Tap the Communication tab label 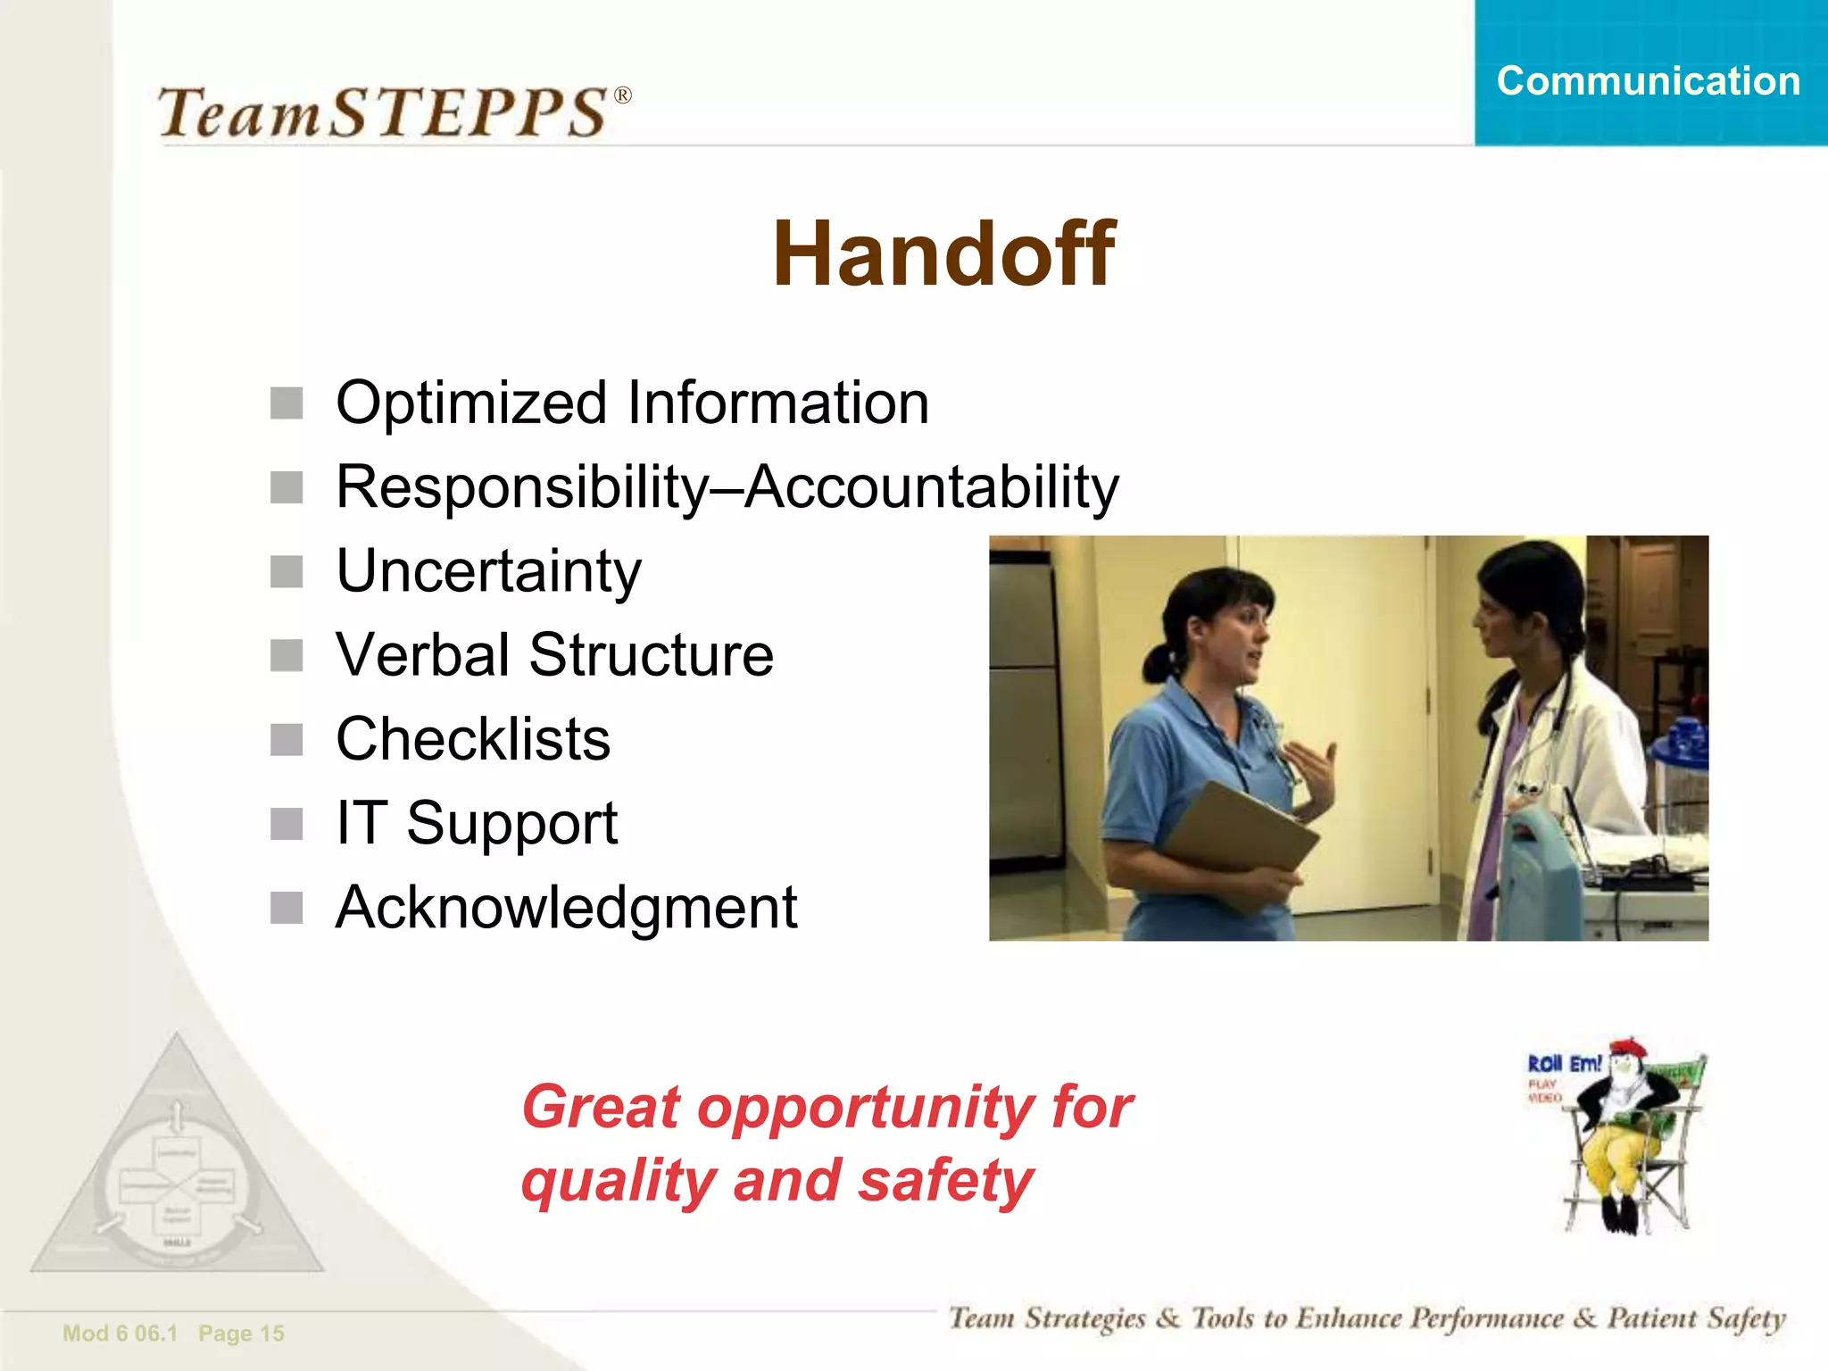(1648, 81)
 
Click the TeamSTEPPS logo (384, 112)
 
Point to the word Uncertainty (488, 571)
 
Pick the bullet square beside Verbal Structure (287, 656)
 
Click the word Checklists (473, 739)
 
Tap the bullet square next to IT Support (287, 824)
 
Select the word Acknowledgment (566, 908)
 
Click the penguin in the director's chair (1620, 1134)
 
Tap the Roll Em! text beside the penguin (1564, 1064)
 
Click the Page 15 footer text (241, 1334)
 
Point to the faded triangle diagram (177, 1169)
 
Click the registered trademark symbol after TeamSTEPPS (623, 96)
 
